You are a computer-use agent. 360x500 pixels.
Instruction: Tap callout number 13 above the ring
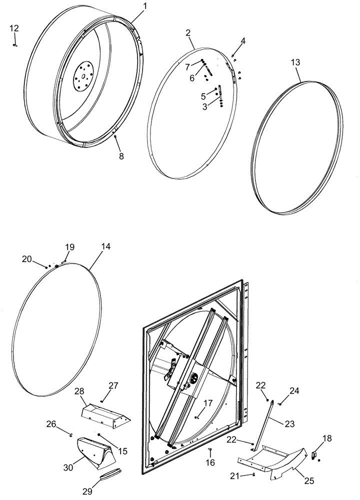(295, 62)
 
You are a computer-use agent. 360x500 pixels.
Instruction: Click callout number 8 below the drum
(121, 156)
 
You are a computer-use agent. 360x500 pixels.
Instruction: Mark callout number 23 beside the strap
(289, 423)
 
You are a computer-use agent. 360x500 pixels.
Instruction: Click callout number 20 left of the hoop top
(26, 258)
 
